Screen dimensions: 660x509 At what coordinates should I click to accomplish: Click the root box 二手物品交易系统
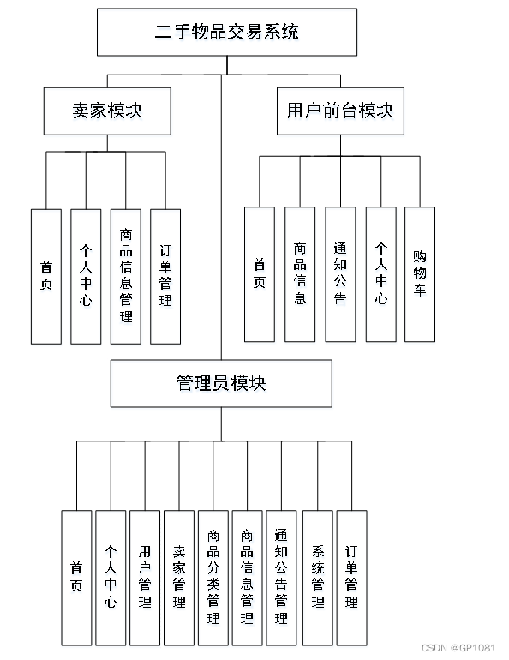(226, 33)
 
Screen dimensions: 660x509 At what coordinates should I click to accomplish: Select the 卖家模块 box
(107, 111)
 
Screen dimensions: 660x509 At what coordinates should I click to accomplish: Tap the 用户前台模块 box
(339, 111)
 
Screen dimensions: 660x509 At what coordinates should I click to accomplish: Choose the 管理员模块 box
(220, 382)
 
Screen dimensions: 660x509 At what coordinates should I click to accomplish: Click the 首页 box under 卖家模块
(46, 276)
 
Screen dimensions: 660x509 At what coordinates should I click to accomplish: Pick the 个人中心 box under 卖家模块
(86, 276)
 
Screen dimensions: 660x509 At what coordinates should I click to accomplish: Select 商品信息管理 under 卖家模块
(126, 276)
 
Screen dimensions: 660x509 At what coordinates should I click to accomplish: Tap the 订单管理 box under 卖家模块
(165, 276)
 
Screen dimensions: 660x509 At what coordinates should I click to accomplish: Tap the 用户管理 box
(145, 578)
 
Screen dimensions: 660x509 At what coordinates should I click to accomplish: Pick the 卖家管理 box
(179, 578)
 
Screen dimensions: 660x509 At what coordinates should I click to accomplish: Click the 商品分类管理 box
(213, 578)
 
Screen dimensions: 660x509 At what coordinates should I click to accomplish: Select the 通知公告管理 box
(281, 578)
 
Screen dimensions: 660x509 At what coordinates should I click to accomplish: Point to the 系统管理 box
(318, 578)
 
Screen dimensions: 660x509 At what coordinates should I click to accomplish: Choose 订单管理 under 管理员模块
(351, 578)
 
